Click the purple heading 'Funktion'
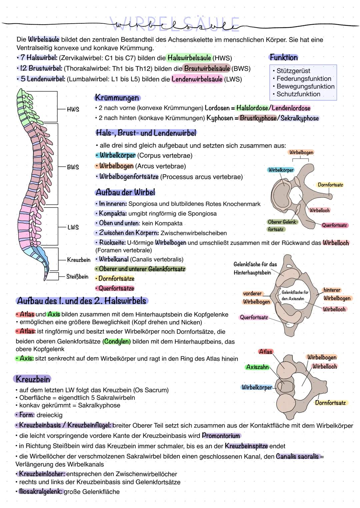[284, 57]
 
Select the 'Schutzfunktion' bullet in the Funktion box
[298, 94]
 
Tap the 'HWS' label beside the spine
[73, 109]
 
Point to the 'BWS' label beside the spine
[73, 167]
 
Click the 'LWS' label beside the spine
[73, 228]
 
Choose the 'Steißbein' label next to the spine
[77, 276]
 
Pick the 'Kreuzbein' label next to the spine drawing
[79, 260]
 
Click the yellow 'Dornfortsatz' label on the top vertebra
[330, 185]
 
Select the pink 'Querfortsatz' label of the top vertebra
[334, 225]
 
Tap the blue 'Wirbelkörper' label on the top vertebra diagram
[281, 170]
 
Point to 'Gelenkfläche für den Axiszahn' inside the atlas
[295, 295]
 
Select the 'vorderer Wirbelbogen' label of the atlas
[256, 298]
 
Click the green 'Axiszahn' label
[257, 367]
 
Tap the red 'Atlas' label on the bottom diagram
[265, 351]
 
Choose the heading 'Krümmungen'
[117, 98]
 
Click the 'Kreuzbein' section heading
[33, 379]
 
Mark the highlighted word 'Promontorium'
[221, 436]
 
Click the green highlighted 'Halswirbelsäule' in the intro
[189, 58]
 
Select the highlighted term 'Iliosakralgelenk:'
[39, 492]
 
